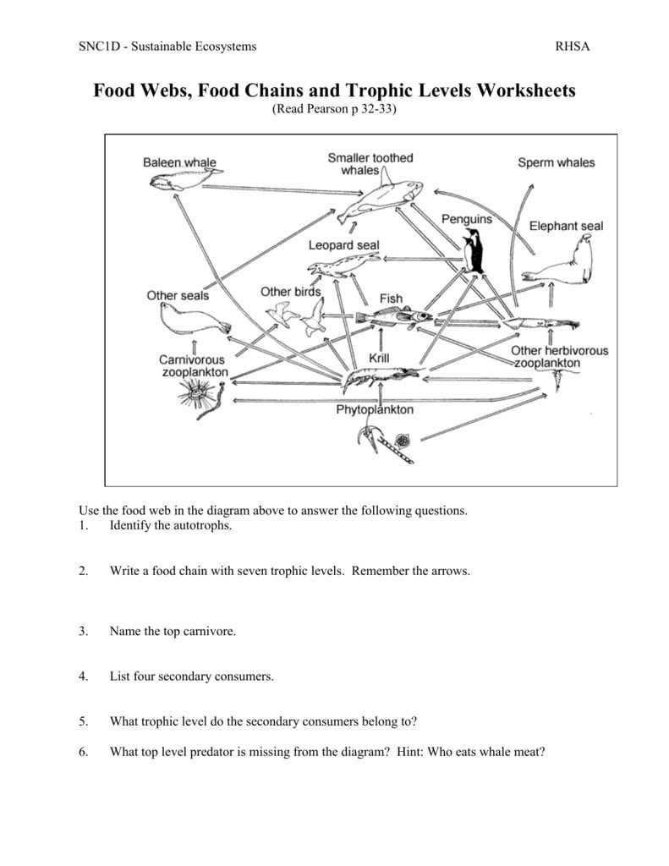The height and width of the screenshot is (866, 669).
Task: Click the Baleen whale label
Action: coord(178,162)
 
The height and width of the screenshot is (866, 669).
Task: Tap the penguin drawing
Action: coord(474,251)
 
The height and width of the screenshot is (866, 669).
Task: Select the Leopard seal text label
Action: coord(343,245)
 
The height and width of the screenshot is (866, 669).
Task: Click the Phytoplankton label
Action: coord(376,410)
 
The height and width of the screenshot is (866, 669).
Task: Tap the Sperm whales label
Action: coord(556,162)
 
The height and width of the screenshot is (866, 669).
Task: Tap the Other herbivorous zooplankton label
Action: coord(558,357)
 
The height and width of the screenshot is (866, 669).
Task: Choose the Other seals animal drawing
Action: coord(191,319)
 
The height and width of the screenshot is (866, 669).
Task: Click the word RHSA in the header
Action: coord(572,47)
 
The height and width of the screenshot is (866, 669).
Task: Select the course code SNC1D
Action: coord(96,47)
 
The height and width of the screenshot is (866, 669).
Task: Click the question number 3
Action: coord(83,631)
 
